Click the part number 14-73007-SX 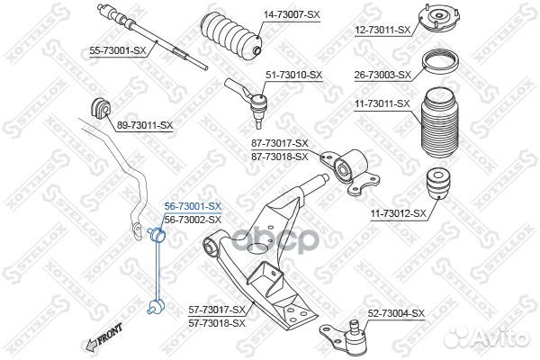[x=292, y=15]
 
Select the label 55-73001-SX [x=118, y=51]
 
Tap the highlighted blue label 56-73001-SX [x=193, y=207]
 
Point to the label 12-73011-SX [x=383, y=31]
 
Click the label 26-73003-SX [x=382, y=75]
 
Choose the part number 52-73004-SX [x=396, y=313]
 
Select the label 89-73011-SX [x=145, y=126]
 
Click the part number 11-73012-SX [x=399, y=214]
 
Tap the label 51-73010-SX [x=293, y=75]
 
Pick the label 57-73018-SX [x=217, y=323]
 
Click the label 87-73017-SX [x=280, y=143]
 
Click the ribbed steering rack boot [x=231, y=35]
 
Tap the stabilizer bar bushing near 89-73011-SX [x=100, y=108]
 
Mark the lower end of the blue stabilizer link [x=157, y=306]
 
